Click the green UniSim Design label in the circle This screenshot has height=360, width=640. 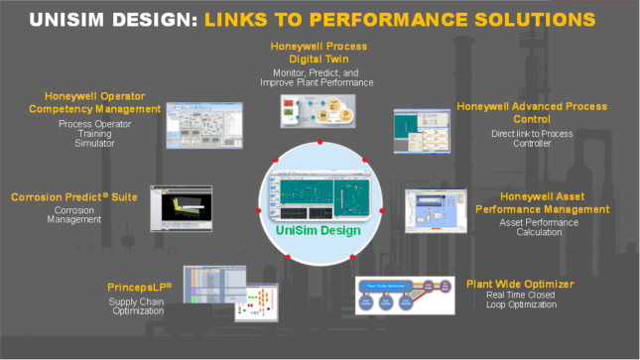pos(320,232)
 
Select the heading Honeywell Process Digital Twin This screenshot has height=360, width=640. pos(319,53)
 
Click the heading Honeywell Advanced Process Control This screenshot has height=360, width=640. pos(532,113)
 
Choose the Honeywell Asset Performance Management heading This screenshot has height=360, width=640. pos(541,202)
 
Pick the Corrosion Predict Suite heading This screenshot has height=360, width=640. pos(73,197)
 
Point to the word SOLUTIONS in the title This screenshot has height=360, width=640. pos(535,20)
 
